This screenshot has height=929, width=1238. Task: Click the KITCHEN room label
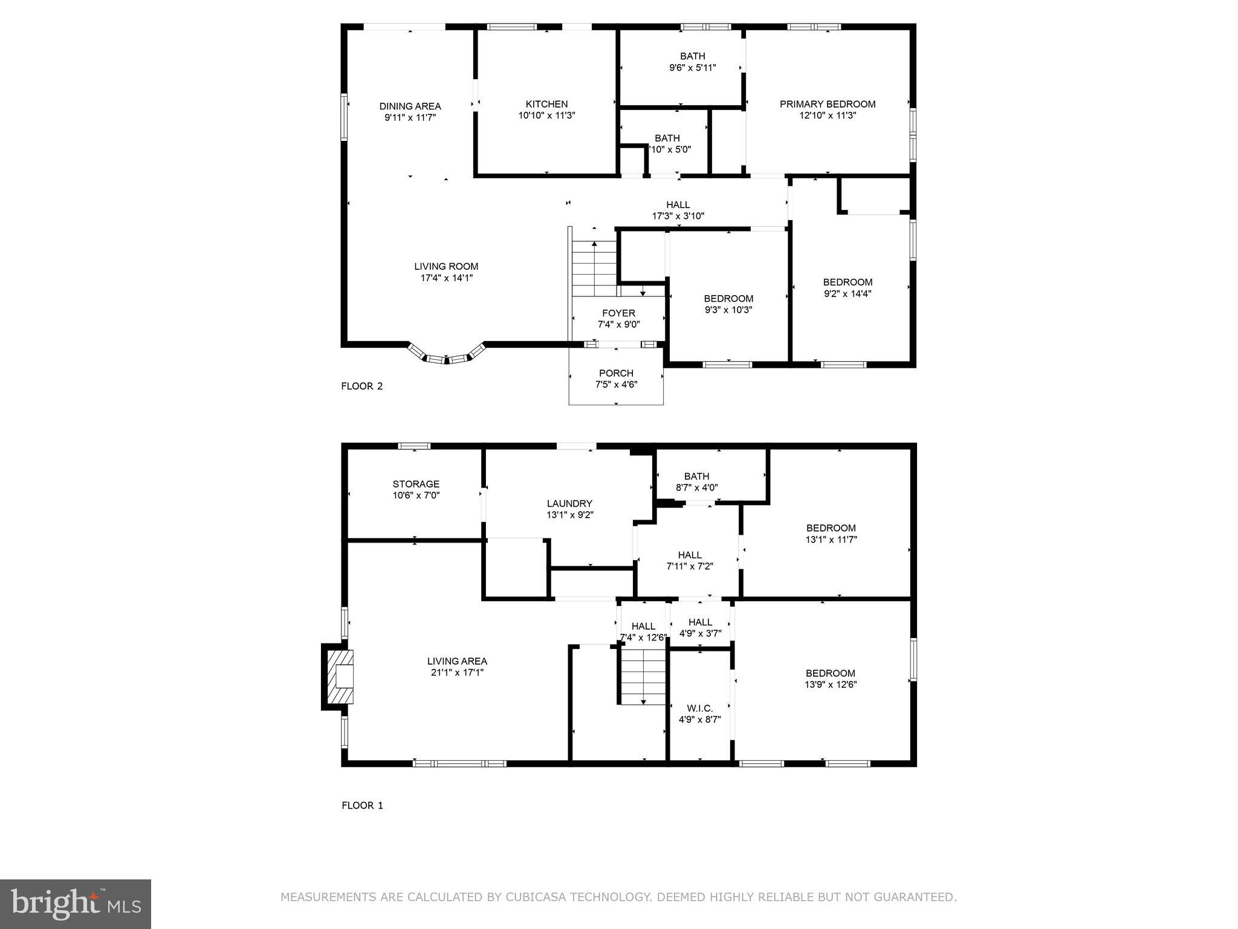(x=546, y=104)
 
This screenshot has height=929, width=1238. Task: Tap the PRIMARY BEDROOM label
(x=828, y=104)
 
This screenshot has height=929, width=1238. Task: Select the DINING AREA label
(x=410, y=106)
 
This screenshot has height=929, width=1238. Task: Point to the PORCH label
(x=616, y=373)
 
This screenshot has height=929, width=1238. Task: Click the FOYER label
(x=618, y=313)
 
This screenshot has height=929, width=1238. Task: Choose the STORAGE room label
(x=416, y=484)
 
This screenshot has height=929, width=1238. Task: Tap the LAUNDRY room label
(x=569, y=504)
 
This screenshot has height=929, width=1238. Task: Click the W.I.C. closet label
(x=700, y=708)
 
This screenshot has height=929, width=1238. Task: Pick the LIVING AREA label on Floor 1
(x=457, y=661)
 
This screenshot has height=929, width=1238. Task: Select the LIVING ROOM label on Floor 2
(x=446, y=266)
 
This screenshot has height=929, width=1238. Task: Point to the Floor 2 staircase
(x=594, y=269)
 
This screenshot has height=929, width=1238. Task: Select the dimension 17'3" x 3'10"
(x=678, y=216)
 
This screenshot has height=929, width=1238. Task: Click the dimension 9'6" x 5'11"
(x=692, y=68)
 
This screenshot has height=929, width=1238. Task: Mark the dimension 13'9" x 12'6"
(x=831, y=685)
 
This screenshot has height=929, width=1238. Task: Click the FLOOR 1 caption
(x=362, y=805)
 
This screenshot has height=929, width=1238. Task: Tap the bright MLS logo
(x=76, y=904)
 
